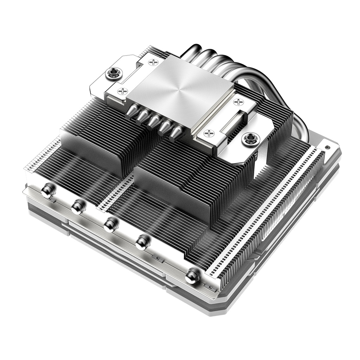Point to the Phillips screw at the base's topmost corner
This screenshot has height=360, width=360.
coord(154,63)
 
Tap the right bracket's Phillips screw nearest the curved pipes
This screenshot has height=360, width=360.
coord(238,102)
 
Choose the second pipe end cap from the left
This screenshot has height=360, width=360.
coord(78,207)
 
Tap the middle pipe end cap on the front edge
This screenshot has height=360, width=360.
coord(110,224)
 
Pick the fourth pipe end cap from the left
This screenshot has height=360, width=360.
coord(142,242)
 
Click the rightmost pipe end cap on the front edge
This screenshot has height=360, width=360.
coord(192,276)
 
